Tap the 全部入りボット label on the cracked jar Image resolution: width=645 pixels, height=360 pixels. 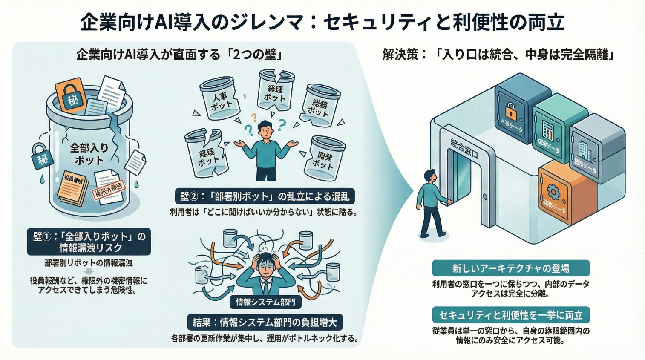[x=89, y=154]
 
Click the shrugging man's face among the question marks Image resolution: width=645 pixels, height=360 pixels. [x=265, y=130]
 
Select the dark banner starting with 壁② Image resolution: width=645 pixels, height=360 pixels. [x=265, y=196]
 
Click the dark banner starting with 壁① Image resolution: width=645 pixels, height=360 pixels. [x=89, y=242]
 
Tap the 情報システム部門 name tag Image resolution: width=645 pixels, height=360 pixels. [x=265, y=302]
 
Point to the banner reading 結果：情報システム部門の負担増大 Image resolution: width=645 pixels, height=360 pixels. [x=265, y=323]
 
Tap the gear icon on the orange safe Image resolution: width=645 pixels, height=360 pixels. [x=553, y=192]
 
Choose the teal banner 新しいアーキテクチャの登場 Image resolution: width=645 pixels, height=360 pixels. [x=510, y=268]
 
